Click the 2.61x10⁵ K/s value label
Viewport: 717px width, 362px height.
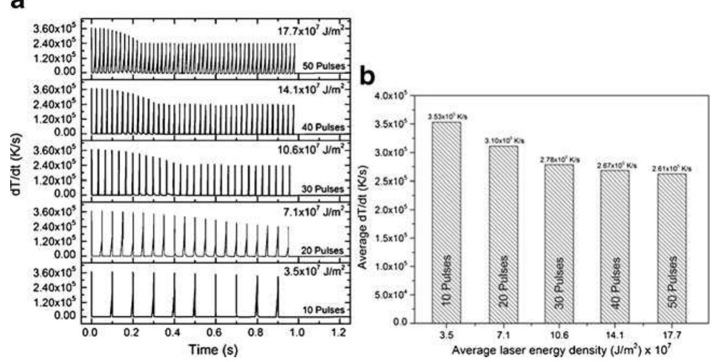pyautogui.click(x=674, y=168)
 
